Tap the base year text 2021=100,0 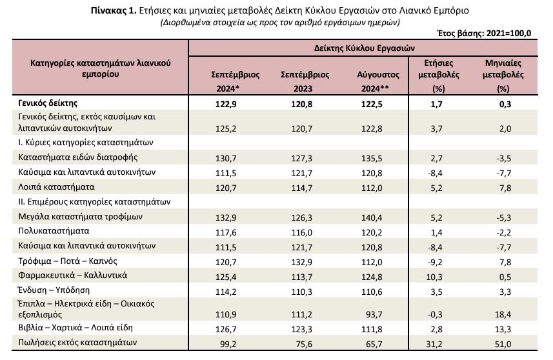click(x=508, y=33)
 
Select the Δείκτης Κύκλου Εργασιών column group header click(x=365, y=48)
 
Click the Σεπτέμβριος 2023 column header click(x=305, y=81)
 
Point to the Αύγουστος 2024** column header click(x=377, y=81)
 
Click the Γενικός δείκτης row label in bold click(x=48, y=103)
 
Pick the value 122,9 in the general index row click(x=226, y=104)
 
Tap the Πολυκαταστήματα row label click(x=54, y=231)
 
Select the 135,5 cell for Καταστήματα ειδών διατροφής click(x=372, y=159)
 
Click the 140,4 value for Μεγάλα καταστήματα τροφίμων click(x=372, y=218)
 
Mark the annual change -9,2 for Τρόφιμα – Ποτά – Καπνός click(x=434, y=263)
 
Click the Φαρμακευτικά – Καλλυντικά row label click(x=72, y=275)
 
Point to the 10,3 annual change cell click(x=434, y=277)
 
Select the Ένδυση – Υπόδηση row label click(x=54, y=290)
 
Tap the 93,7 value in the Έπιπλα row click(x=374, y=314)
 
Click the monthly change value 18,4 click(x=503, y=314)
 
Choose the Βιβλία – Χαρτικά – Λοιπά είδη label click(x=75, y=328)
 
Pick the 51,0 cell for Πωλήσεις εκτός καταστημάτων click(x=503, y=344)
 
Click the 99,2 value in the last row click(x=228, y=344)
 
